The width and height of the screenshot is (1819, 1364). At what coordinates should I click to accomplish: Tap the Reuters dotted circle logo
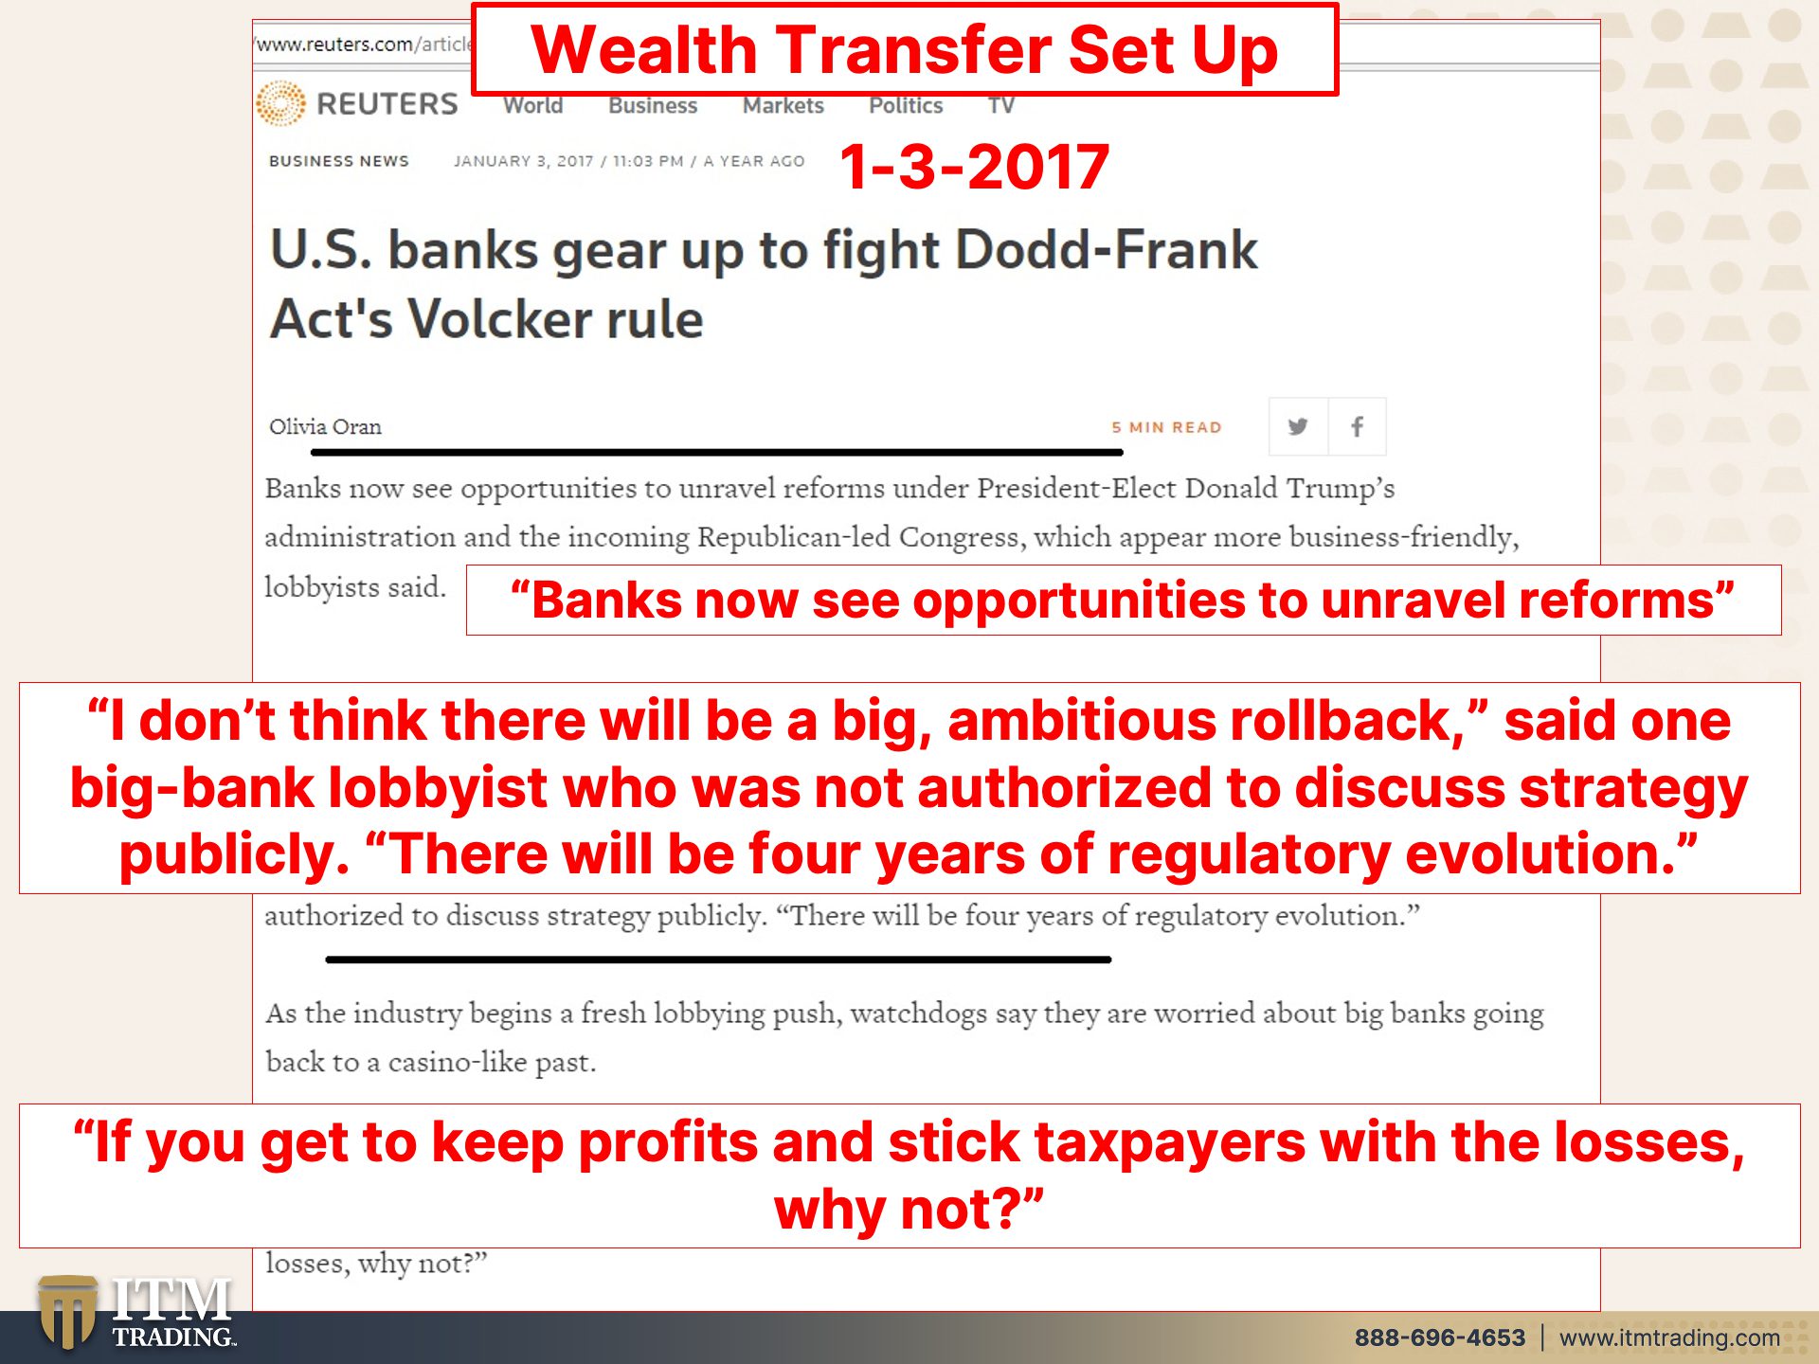click(x=280, y=103)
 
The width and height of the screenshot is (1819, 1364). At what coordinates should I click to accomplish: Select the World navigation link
click(x=533, y=105)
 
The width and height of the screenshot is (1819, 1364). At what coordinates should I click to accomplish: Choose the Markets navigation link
click(x=783, y=105)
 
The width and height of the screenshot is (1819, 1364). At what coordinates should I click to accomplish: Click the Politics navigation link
click(x=906, y=105)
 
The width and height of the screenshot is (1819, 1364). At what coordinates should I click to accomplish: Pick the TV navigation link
click(x=1001, y=105)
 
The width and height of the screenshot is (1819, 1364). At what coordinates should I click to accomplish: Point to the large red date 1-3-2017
click(x=974, y=167)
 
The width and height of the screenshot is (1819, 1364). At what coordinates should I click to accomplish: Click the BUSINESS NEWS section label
click(x=339, y=161)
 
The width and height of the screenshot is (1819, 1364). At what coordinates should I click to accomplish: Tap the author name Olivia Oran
click(x=325, y=427)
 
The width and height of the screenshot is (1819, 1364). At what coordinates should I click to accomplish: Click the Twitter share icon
click(x=1298, y=426)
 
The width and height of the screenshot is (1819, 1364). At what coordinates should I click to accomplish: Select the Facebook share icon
click(x=1357, y=426)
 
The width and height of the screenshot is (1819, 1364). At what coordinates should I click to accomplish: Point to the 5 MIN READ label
click(x=1166, y=427)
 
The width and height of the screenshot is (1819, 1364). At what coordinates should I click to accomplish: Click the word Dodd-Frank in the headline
click(x=1106, y=250)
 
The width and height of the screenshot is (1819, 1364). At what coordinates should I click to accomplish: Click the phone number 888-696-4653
click(x=1440, y=1337)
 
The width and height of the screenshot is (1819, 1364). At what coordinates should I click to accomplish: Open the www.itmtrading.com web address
click(x=1669, y=1337)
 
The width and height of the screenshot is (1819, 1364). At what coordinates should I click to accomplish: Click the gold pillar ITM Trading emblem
click(x=67, y=1312)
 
